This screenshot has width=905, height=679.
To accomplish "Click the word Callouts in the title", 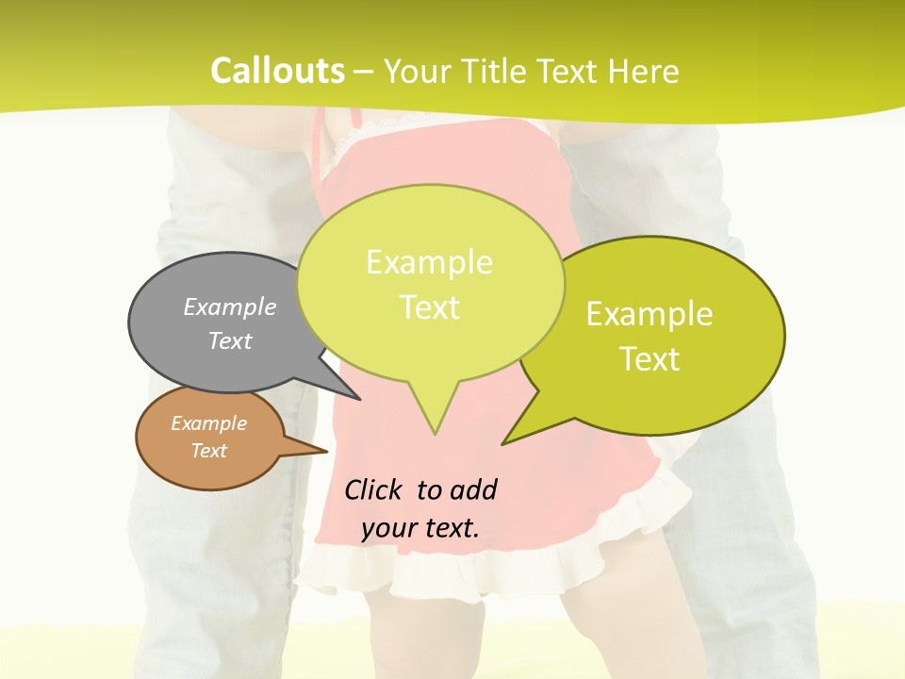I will click(277, 71).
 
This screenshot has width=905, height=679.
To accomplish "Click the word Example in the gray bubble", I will click(230, 306).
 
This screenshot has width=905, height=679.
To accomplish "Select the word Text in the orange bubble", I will click(209, 451).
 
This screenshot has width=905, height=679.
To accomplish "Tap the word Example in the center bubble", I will click(429, 262).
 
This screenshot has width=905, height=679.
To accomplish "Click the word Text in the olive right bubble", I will click(650, 358).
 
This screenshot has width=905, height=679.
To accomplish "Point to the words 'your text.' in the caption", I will click(420, 528).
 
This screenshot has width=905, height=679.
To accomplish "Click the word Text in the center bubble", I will click(430, 307).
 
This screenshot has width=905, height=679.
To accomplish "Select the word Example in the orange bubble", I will click(209, 423).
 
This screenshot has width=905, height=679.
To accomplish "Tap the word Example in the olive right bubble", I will click(650, 314).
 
